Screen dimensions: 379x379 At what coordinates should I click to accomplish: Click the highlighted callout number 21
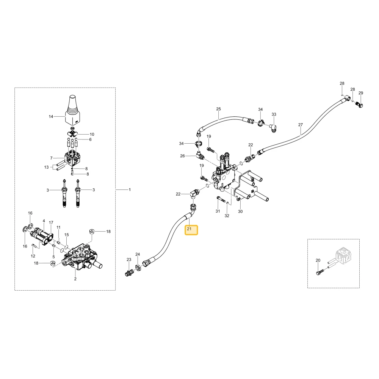189,229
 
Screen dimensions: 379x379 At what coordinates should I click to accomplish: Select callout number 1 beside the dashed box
130,190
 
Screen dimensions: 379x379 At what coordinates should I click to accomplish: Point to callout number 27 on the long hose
301,125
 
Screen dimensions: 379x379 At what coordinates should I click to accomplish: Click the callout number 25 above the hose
219,109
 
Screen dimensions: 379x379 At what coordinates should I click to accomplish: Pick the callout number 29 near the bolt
361,93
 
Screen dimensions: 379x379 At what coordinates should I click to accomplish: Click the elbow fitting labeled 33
273,127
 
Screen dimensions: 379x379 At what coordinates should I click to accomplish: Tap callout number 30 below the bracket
240,211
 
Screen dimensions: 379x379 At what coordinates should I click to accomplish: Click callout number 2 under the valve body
75,279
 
